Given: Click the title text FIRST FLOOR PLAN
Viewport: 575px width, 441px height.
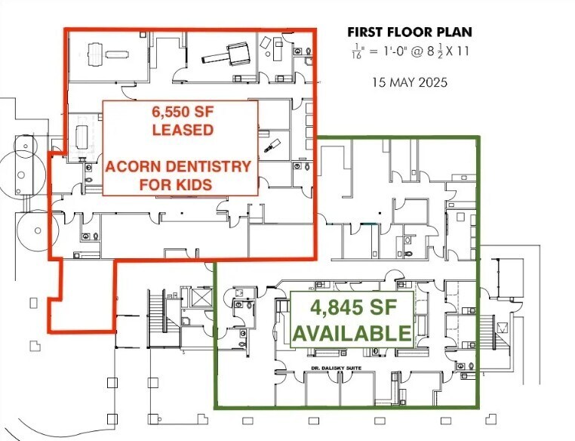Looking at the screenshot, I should [410, 32].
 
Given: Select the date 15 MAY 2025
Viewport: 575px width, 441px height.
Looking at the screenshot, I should [410, 82].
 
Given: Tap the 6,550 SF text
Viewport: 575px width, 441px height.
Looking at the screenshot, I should [182, 111].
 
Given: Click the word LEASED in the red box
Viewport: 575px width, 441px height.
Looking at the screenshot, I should [182, 129].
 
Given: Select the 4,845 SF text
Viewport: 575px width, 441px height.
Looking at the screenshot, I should [352, 309].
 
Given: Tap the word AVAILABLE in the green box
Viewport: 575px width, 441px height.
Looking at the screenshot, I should [352, 332].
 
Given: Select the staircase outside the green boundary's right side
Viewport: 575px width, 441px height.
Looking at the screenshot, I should [501, 326].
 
